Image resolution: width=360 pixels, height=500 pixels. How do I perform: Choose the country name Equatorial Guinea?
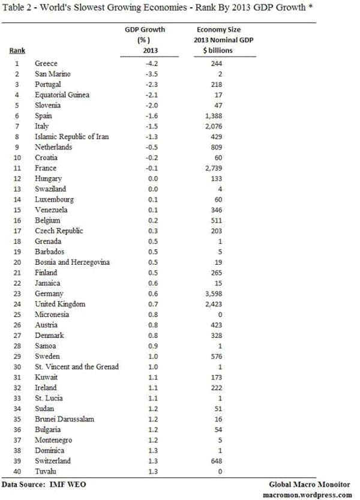click(62, 94)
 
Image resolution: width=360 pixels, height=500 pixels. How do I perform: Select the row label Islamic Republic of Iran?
click(71, 136)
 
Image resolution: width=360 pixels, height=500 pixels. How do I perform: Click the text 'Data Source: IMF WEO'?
click(40, 483)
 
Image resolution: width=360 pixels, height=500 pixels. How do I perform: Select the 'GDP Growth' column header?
click(145, 29)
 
